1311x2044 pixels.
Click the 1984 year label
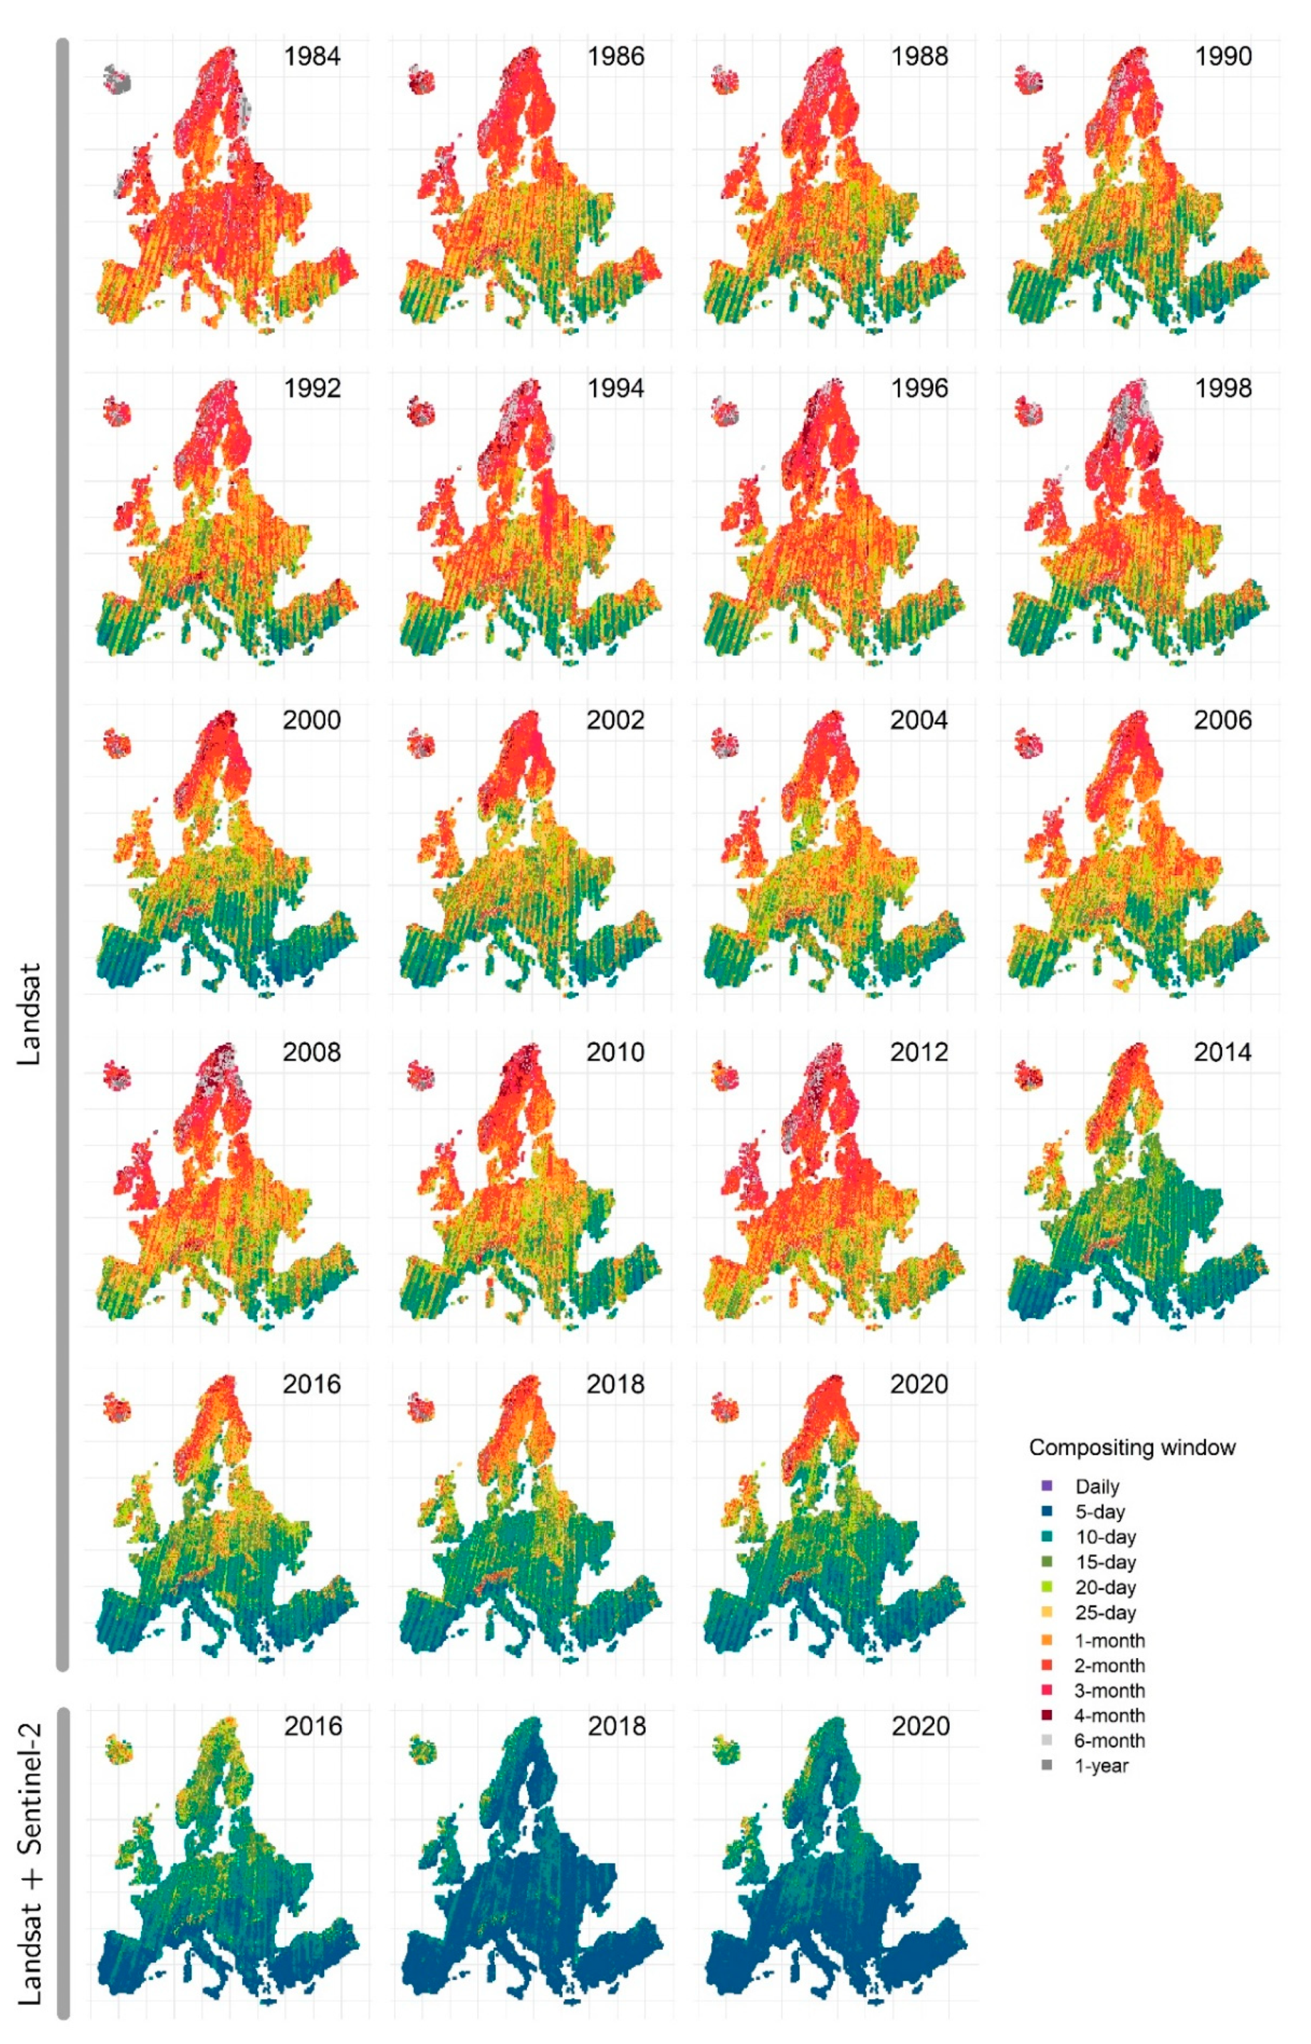312,57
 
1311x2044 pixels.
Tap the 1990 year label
1223,57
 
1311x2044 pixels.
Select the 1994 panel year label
615,389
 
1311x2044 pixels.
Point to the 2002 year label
615,721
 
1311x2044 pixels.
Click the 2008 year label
312,1053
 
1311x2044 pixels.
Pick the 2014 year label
1223,1053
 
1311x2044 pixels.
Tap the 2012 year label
920,1053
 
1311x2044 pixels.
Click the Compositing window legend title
1132,1448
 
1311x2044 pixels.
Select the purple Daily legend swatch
1046,1486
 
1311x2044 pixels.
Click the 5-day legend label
1100,1512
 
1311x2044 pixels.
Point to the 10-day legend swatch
1046,1537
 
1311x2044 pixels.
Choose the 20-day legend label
1105,1588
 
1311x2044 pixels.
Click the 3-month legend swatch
1046,1691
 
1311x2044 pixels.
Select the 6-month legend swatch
1046,1741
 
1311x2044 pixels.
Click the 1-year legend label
1101,1766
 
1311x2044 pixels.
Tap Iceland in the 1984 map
117,79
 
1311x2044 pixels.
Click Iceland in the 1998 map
1028,412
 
